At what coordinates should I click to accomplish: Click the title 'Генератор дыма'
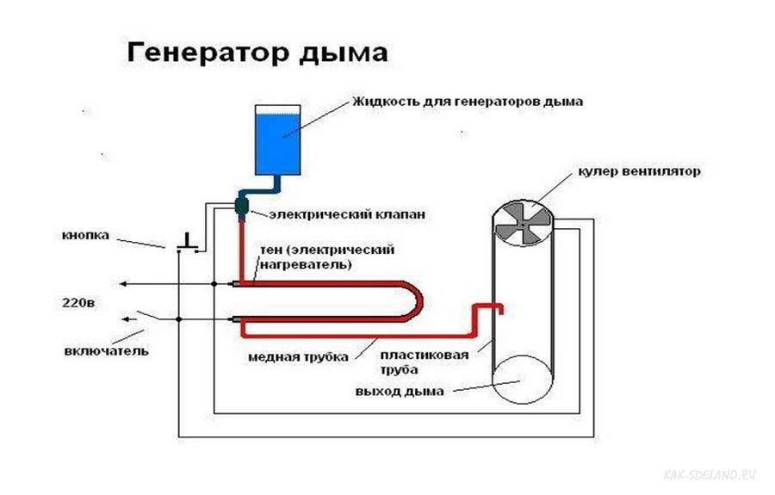pos(257,53)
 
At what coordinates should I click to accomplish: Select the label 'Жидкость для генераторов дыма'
pos(468,101)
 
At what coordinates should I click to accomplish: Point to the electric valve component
pos(242,206)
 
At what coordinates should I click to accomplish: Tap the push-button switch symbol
pos(187,244)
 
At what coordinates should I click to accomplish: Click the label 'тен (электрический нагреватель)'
pos(327,257)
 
